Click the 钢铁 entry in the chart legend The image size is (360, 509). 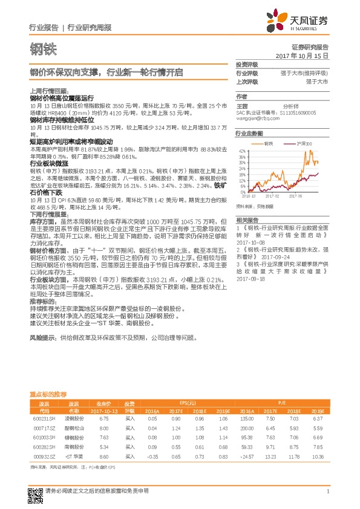[x=269, y=144]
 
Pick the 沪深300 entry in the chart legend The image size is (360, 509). [x=304, y=144]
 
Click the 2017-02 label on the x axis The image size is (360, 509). [x=273, y=196]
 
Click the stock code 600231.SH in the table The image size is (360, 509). [x=44, y=418]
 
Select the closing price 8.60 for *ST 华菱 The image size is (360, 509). [x=103, y=457]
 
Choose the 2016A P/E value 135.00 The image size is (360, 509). [x=246, y=418]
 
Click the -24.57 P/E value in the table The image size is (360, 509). [x=246, y=457]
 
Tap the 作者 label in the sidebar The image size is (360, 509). [x=242, y=96]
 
